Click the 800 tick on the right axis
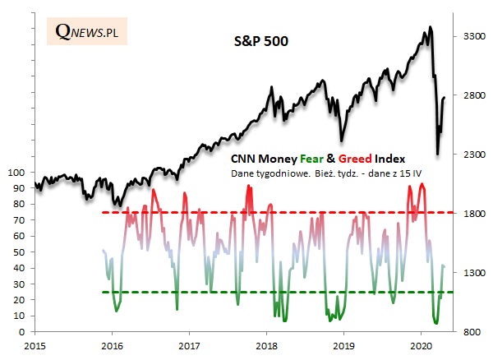(476, 332)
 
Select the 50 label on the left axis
(20, 252)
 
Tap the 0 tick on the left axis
(22, 332)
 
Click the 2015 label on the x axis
(35, 347)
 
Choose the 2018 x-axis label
(266, 347)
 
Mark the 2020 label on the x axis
(421, 347)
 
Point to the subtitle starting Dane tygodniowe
(311, 174)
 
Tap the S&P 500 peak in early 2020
(431, 28)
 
